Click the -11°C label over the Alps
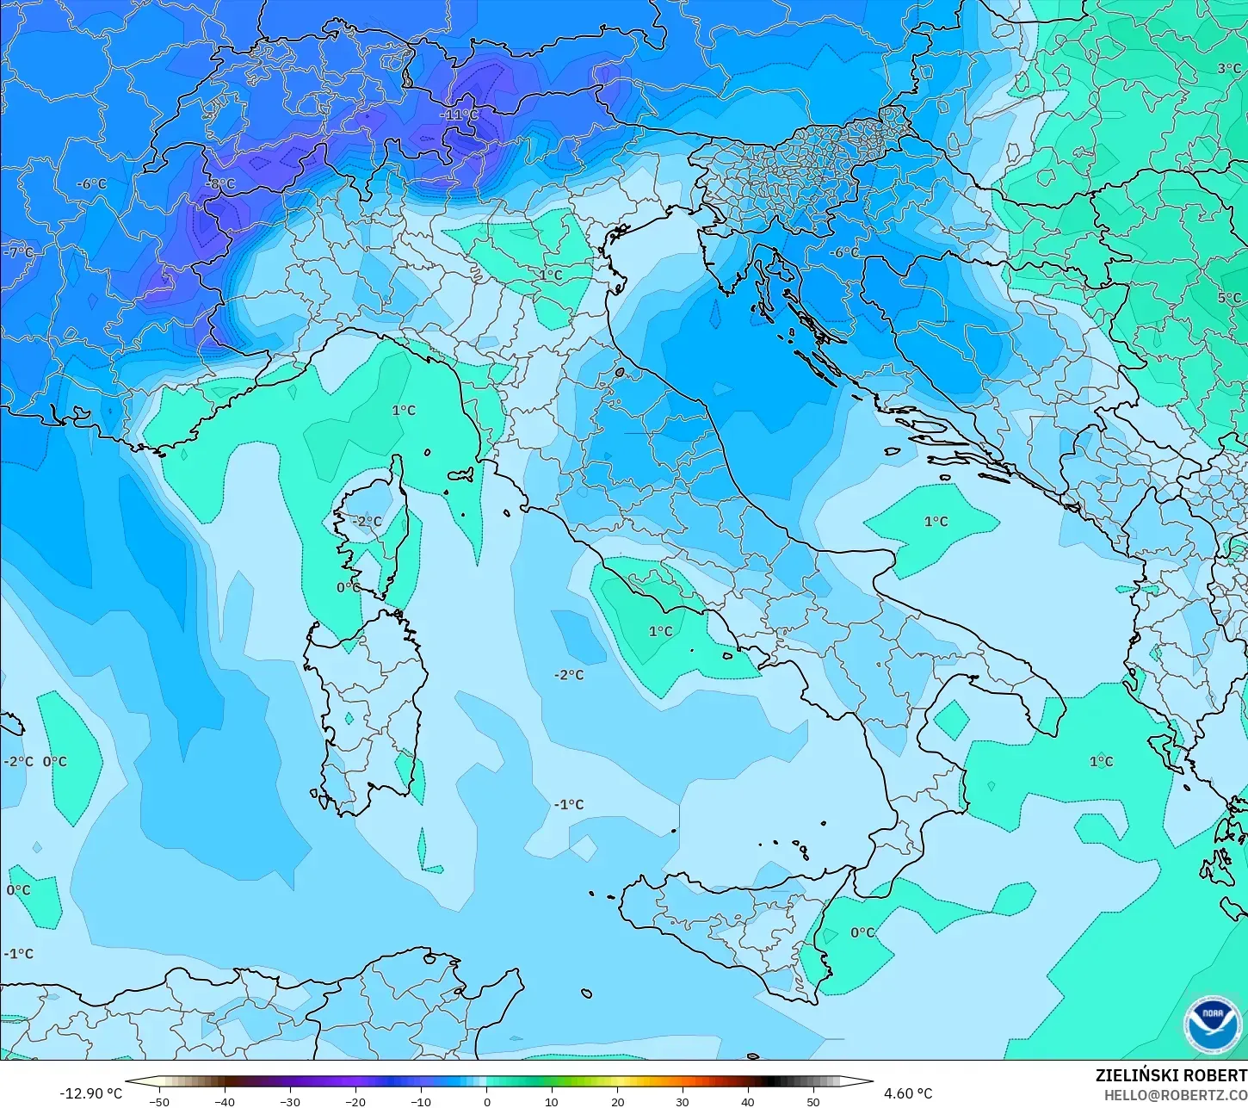459,115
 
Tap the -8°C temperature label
221,184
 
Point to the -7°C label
19,252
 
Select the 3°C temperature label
1229,69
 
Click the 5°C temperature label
1229,298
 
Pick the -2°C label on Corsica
367,522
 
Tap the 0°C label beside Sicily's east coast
862,932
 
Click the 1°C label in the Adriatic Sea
936,522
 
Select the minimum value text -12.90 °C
90,1093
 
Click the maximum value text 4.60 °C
908,1093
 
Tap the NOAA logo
1212,1024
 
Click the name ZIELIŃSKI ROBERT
1171,1076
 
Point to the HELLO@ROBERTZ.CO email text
1176,1095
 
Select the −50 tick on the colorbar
158,1101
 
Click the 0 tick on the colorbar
486,1101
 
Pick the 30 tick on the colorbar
683,1101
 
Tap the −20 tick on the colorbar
355,1101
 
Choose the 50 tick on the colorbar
813,1101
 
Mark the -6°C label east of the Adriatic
844,252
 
